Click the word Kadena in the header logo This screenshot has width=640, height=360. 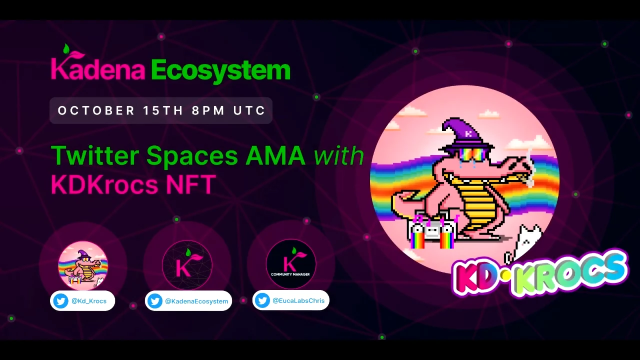pyautogui.click(x=98, y=69)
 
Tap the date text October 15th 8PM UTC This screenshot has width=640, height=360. pyautogui.click(x=161, y=110)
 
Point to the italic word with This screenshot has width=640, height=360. pyautogui.click(x=339, y=155)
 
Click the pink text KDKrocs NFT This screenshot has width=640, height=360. pyautogui.click(x=133, y=184)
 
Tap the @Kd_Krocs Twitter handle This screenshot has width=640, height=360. pyautogui.click(x=89, y=301)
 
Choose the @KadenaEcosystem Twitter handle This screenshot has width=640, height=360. pyautogui.click(x=196, y=301)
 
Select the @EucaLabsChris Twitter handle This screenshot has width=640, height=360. pyautogui.click(x=298, y=300)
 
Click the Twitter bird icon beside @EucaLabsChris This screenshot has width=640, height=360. pyautogui.click(x=262, y=300)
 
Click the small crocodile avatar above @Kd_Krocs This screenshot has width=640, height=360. pyautogui.click(x=83, y=265)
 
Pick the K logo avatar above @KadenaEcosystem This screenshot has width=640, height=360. pyautogui.click(x=187, y=265)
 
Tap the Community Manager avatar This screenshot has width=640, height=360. pyautogui.click(x=291, y=264)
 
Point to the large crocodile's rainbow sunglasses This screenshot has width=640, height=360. pyautogui.click(x=471, y=155)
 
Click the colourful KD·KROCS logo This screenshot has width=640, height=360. pyautogui.click(x=540, y=273)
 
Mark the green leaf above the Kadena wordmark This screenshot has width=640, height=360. pyautogui.click(x=66, y=48)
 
